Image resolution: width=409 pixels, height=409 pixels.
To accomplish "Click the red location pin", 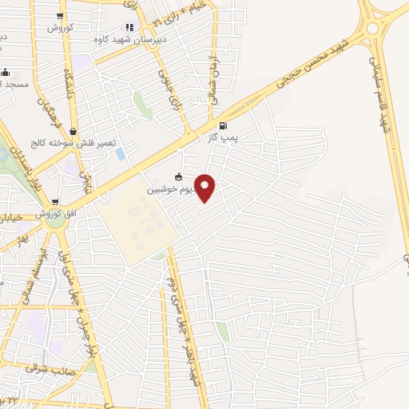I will (205, 188).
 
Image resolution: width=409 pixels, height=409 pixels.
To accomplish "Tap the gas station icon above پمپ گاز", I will (222, 125).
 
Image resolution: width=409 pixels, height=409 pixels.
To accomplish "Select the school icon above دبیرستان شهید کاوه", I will (130, 28).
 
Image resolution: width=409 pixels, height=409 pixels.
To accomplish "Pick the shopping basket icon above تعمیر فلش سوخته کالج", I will (73, 132).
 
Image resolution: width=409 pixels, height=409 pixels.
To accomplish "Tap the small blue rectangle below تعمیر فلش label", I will (120, 153).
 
